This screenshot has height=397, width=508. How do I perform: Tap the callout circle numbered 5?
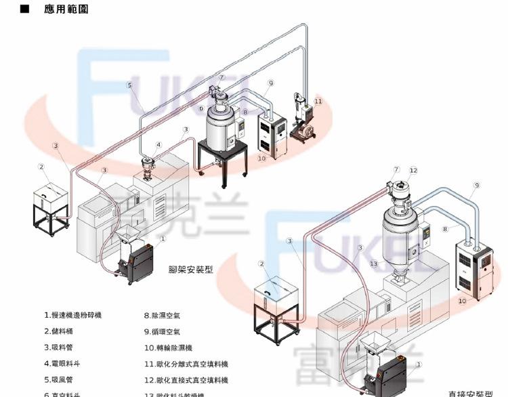click(x=129, y=85)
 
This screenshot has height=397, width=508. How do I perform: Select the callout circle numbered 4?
click(x=158, y=144)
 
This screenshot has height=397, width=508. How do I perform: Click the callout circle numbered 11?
click(x=318, y=101)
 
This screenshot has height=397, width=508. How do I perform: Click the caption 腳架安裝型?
click(x=190, y=269)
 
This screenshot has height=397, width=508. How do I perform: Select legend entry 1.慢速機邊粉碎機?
click(x=74, y=315)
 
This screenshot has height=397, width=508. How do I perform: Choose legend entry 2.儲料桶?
click(x=59, y=331)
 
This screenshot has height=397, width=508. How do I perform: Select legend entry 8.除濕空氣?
click(x=163, y=315)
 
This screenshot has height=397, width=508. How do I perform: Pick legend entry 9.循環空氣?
click(x=163, y=331)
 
